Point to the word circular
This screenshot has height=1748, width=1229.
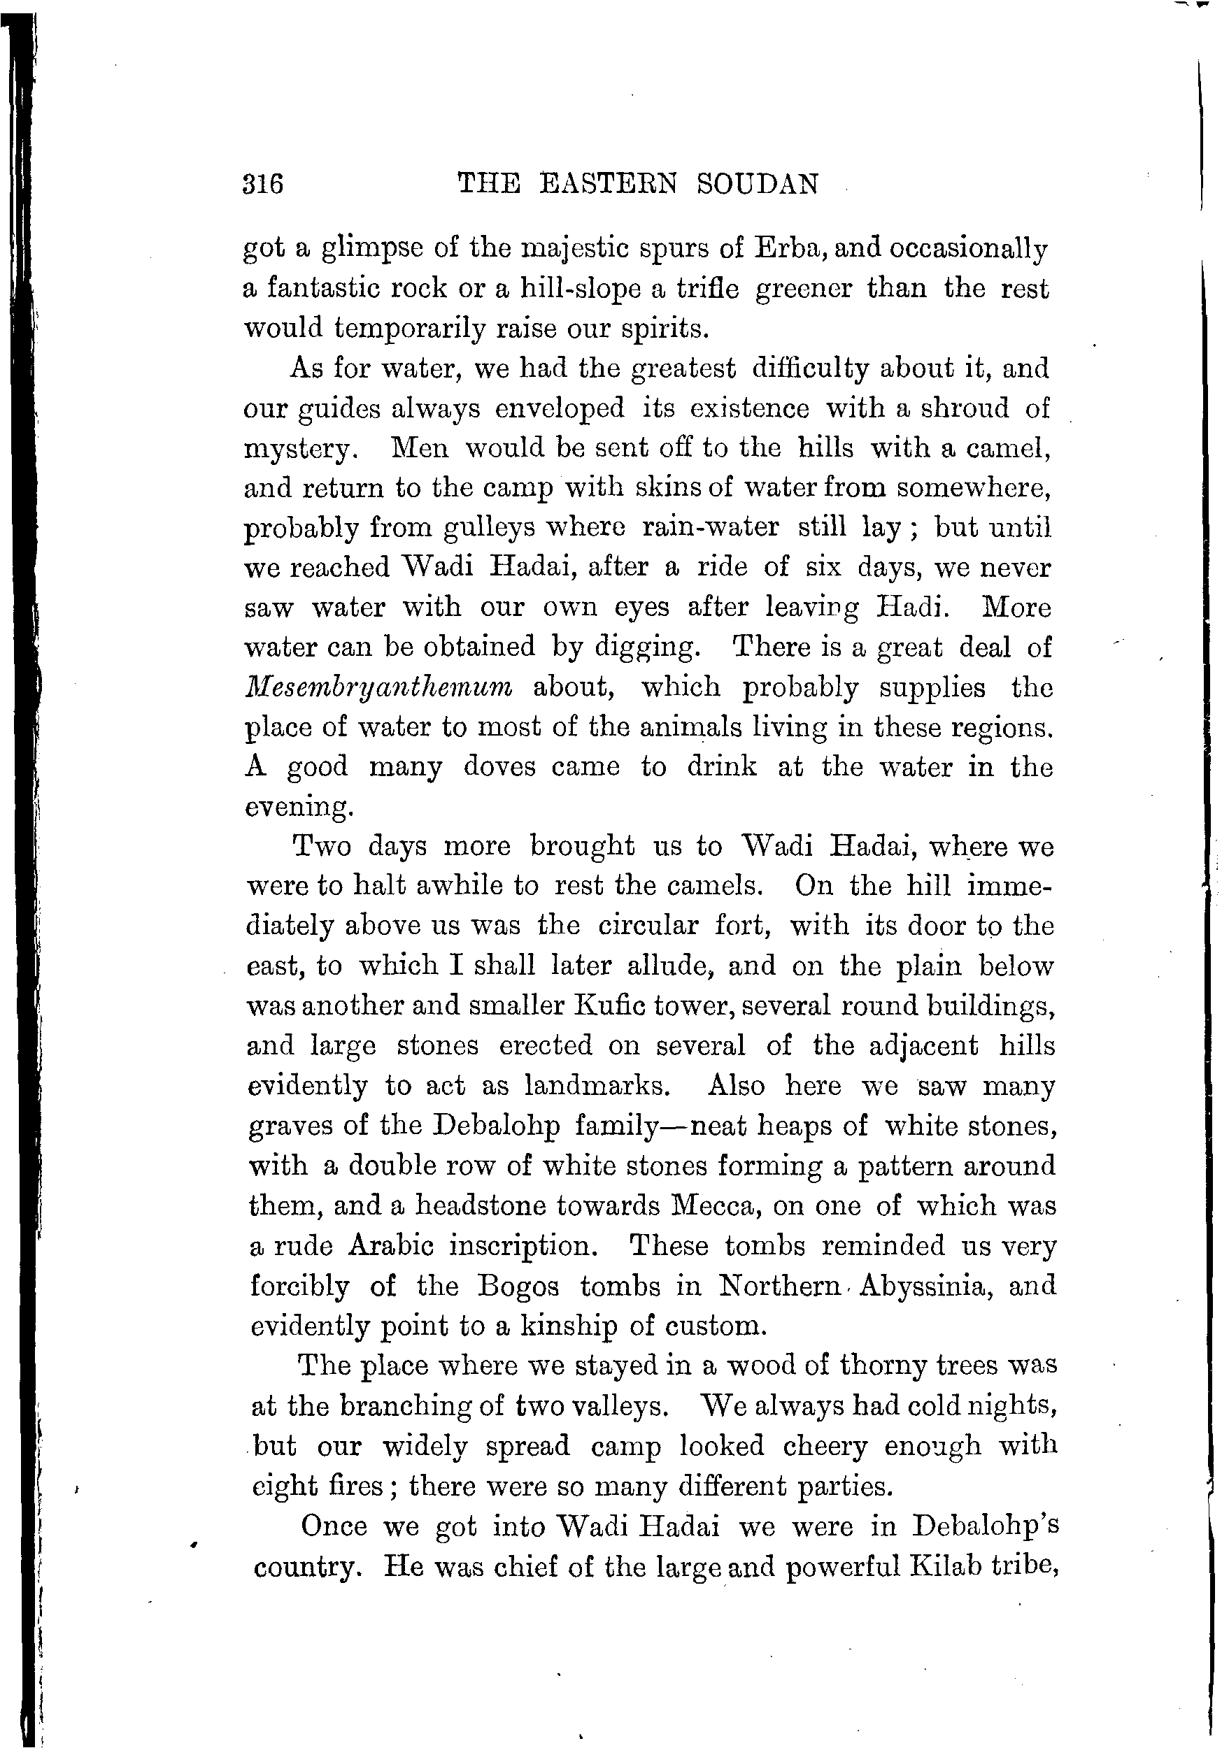point(647,926)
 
